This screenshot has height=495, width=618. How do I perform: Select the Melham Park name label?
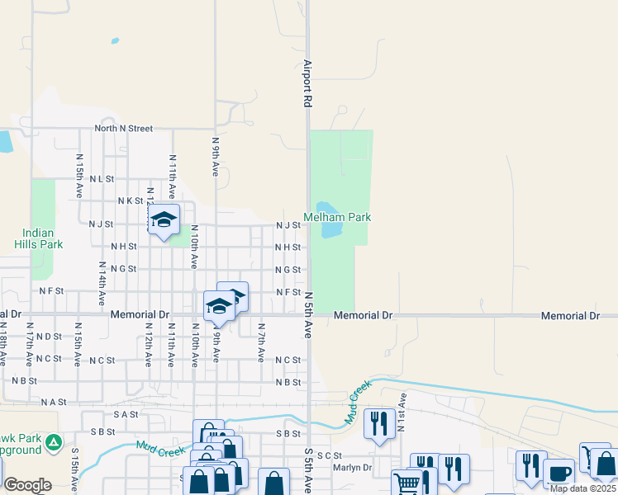coord(337,217)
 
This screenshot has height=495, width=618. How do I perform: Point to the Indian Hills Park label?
coord(38,238)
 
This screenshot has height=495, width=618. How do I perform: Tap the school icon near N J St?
coord(164,220)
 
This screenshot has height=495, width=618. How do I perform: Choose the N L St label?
coord(101,178)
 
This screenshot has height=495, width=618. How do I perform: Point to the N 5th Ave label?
coord(308,315)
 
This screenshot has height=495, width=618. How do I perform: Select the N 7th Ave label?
coord(260,343)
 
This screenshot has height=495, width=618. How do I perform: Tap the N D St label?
coord(49,337)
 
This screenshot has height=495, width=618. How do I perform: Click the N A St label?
coord(52,402)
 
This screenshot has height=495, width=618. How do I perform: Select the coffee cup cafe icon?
coord(559,474)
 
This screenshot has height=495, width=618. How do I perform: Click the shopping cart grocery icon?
coord(406,483)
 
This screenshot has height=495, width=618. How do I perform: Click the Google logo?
coord(27,484)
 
